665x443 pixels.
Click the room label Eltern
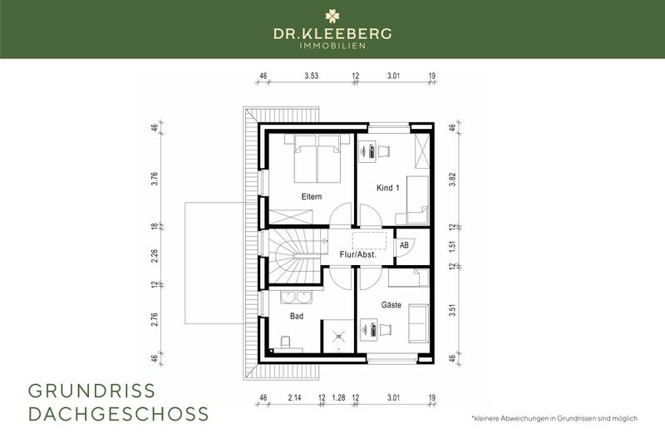pos(312,197)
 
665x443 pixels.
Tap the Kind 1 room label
pos(389,190)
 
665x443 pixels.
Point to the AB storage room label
pos(404,246)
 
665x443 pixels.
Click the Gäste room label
pos(392,305)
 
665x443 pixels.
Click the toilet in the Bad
pos(285,342)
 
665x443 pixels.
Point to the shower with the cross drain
pos(337,335)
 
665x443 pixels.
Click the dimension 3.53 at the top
pos(312,76)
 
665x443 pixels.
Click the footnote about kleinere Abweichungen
pos(554,418)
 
